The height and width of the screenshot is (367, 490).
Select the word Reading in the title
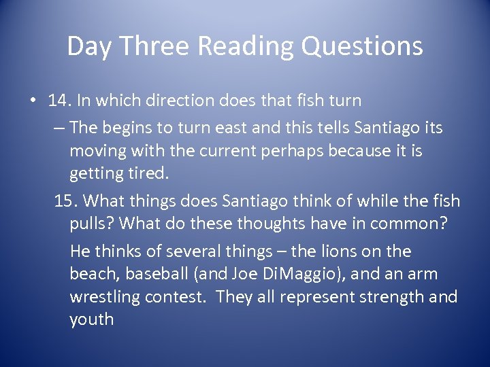point(245,46)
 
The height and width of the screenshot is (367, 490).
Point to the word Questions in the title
point(362,46)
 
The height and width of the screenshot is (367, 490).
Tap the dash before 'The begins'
point(58,127)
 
